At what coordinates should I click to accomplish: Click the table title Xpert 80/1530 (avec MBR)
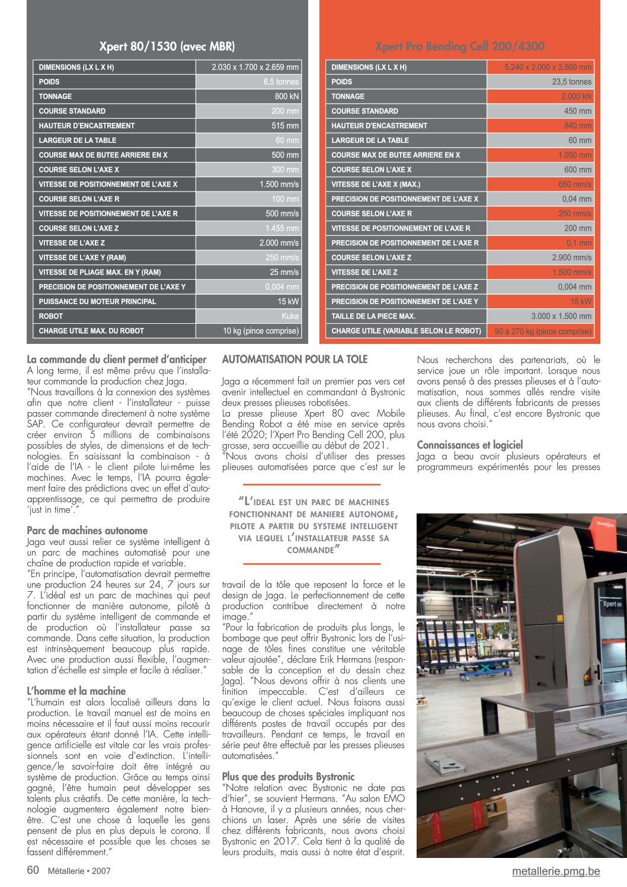pos(167,46)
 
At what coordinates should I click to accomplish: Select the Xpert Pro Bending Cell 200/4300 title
pos(459,46)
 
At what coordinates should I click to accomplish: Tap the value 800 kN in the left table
pos(286,97)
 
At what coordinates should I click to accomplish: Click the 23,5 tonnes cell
pos(571,82)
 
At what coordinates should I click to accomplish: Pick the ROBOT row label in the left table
pos(51,317)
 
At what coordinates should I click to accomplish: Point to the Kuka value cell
pos(290,317)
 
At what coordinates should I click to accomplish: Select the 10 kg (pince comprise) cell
pos(261,331)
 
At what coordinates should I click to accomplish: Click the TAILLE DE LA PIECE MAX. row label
pos(373,317)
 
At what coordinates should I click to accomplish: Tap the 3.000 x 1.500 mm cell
pos(561,317)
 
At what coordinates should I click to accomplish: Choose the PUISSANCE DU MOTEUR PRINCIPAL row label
pos(97,302)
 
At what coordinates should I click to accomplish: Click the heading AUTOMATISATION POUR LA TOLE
pos(295,359)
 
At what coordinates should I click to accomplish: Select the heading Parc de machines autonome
pos(87,531)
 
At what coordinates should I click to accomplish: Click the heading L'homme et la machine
pos(76,691)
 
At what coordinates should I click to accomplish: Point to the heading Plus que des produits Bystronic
pos(288,777)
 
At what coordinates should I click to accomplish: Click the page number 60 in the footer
pos(33,870)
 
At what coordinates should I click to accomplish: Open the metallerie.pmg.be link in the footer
pos(556,871)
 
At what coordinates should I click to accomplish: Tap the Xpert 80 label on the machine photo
pos(612,604)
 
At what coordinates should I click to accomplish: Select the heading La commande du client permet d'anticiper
pos(117,359)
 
